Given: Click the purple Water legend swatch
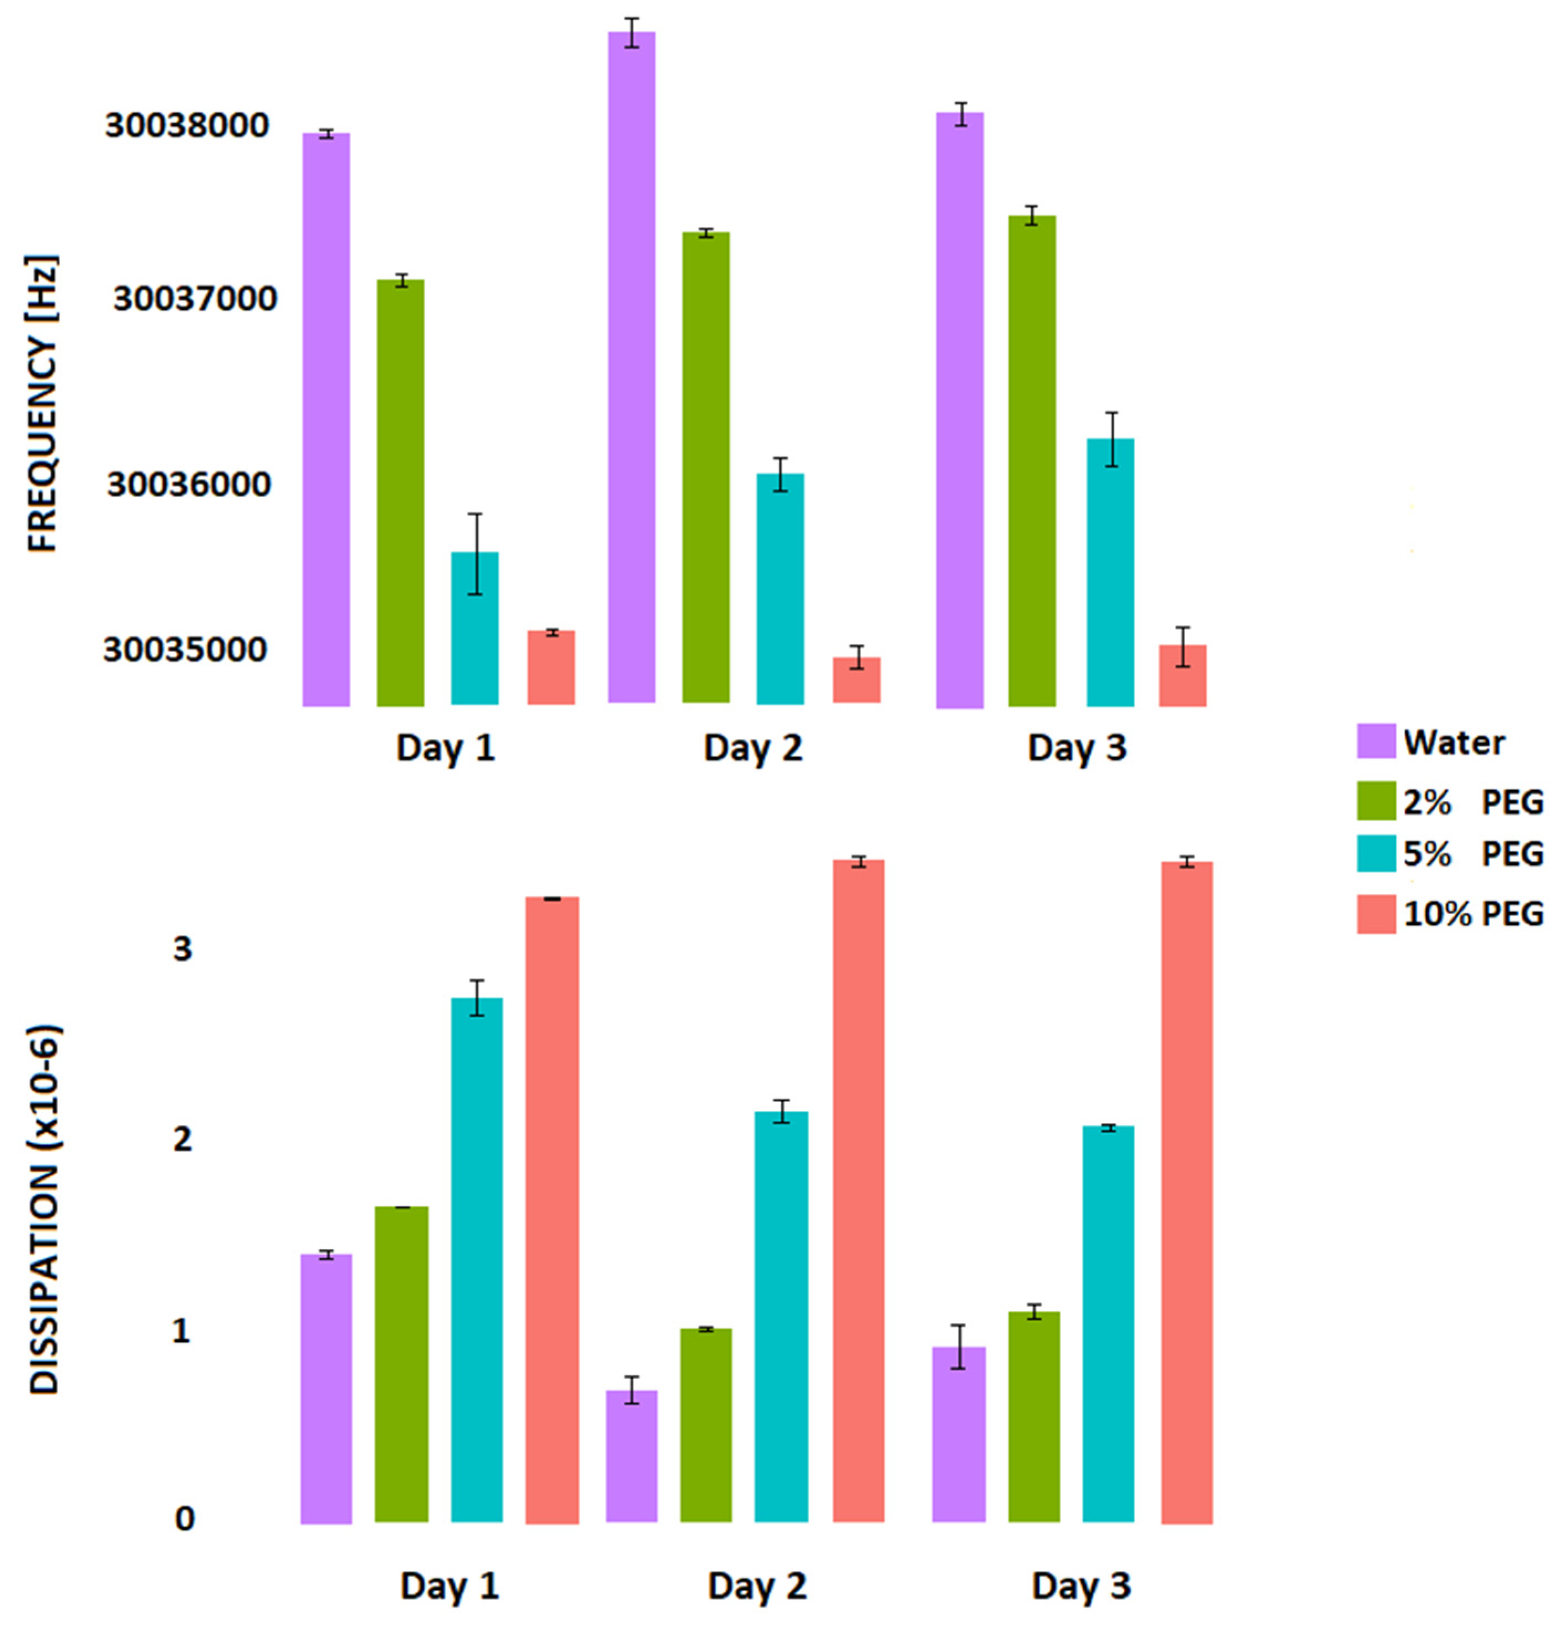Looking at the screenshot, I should (1375, 740).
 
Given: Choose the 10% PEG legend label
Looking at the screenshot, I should (1472, 914).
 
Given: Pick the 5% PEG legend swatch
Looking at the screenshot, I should (1375, 853).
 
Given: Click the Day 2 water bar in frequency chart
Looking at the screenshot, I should (631, 366).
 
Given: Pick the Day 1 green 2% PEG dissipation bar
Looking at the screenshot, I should (401, 1362).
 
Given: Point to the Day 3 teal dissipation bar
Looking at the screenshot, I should (1108, 1321).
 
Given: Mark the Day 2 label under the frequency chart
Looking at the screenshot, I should (753, 748).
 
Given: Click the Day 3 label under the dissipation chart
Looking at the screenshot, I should (1080, 1585).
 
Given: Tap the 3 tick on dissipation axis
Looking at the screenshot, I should (182, 948).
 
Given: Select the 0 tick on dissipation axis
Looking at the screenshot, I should (184, 1519).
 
